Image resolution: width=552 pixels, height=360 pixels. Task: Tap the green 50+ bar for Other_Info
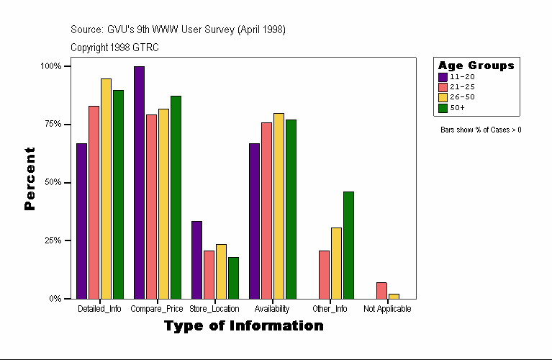pos(348,245)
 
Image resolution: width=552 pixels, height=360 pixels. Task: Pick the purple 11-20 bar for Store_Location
pos(196,260)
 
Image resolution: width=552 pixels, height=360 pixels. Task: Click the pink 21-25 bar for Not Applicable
pos(381,290)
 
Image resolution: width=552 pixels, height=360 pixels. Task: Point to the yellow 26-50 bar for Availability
pos(279,206)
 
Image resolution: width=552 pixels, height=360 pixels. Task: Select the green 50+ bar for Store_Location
pos(233,278)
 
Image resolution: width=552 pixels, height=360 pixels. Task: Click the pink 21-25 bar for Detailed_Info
pos(94,202)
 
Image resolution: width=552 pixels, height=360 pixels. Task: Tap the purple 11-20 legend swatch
pos(443,77)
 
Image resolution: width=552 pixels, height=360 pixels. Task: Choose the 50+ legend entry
pos(457,108)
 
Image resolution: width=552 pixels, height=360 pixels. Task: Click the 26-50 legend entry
pos(461,97)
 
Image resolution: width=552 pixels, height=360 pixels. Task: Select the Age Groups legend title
pos(476,66)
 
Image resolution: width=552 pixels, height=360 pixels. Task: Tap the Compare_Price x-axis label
pos(157,309)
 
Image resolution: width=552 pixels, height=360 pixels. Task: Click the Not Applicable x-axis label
pos(387,309)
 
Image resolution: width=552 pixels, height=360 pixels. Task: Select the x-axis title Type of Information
pos(243,326)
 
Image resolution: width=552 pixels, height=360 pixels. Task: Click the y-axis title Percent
pos(30,179)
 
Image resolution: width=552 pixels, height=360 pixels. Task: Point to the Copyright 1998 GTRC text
pos(114,48)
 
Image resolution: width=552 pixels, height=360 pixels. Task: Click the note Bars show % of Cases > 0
pos(481,130)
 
